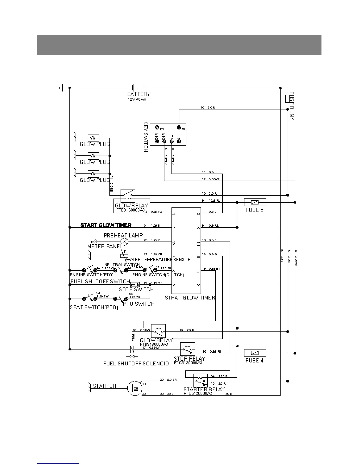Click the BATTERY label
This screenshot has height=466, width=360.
pyautogui.click(x=139, y=94)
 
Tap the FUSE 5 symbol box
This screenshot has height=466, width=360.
pyautogui.click(x=255, y=202)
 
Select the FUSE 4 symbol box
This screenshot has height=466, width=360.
pyautogui.click(x=255, y=353)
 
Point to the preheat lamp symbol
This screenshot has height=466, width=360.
pyautogui.click(x=125, y=242)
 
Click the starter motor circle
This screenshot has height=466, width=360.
pyautogui.click(x=134, y=388)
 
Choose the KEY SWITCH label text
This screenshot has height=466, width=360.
pyautogui.click(x=146, y=137)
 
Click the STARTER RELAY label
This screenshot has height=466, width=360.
pyautogui.click(x=204, y=390)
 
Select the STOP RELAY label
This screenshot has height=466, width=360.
pyautogui.click(x=189, y=359)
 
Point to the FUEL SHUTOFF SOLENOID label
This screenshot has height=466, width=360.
pyautogui.click(x=136, y=364)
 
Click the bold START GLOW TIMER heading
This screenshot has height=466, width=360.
pyautogui.click(x=106, y=225)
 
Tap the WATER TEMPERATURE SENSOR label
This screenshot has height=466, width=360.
pyautogui.click(x=158, y=259)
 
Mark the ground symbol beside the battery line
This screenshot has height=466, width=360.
pyautogui.click(x=61, y=88)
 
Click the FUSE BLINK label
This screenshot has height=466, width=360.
pyautogui.click(x=291, y=106)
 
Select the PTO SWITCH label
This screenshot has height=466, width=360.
pyautogui.click(x=139, y=304)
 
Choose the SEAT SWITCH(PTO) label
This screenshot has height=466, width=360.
pyautogui.click(x=94, y=308)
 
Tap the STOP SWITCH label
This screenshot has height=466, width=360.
pyautogui.click(x=136, y=289)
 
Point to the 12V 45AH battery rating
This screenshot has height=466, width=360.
pyautogui.click(x=137, y=99)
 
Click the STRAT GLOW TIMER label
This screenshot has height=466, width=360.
pyautogui.click(x=190, y=298)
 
